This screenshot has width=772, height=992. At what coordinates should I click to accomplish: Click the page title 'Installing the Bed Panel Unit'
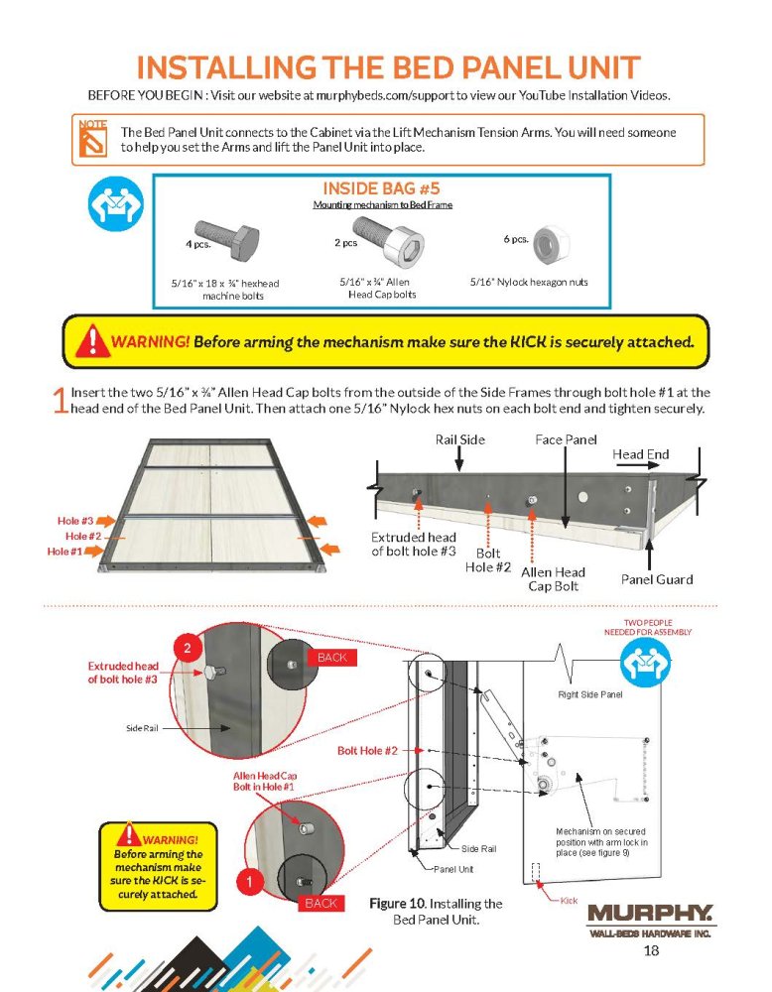(x=387, y=68)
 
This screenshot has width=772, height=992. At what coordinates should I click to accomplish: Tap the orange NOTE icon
(x=92, y=140)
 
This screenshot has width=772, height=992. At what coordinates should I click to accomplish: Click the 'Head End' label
(x=640, y=454)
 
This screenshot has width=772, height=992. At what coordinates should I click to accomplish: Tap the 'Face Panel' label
(x=566, y=438)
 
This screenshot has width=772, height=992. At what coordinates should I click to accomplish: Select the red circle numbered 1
(x=252, y=879)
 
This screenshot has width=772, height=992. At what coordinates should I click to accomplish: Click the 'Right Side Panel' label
(x=589, y=694)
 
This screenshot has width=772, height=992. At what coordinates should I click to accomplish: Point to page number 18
(x=651, y=952)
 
